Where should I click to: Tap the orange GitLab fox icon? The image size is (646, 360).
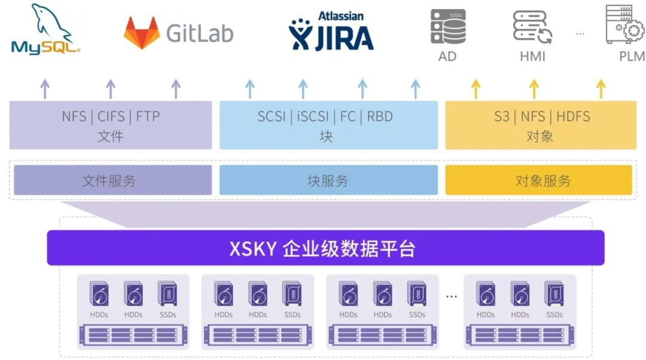click(142, 33)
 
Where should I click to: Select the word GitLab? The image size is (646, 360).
click(200, 33)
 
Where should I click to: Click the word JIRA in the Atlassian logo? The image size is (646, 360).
click(345, 38)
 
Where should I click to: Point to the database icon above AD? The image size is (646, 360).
click(448, 27)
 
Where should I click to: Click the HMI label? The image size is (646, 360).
click(532, 56)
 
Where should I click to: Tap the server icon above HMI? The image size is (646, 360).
click(532, 27)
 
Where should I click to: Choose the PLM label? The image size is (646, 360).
click(632, 56)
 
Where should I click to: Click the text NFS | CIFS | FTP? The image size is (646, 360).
click(111, 117)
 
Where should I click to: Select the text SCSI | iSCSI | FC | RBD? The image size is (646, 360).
click(325, 117)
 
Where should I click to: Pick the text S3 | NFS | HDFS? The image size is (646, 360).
click(542, 117)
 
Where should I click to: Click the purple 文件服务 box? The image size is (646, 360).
click(113, 180)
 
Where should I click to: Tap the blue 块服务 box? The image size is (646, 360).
click(328, 180)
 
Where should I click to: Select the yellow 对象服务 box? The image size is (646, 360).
click(538, 180)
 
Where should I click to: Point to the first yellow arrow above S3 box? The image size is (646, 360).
click(476, 89)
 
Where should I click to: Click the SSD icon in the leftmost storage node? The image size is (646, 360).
click(167, 294)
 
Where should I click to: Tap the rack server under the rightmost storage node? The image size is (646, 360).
click(520, 335)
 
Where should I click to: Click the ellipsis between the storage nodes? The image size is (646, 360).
click(452, 296)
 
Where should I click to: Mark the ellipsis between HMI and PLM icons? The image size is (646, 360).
click(580, 33)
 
